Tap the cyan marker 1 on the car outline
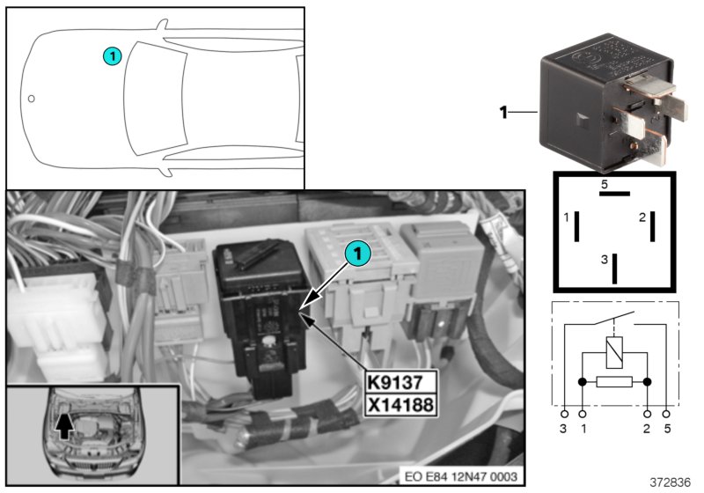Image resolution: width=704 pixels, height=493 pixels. point(111,55)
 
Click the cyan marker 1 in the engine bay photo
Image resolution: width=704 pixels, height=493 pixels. point(356,254)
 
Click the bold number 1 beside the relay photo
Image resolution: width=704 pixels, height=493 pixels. point(504,113)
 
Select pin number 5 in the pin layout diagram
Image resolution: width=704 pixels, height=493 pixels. point(605,184)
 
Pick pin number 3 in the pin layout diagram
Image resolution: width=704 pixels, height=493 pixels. point(604,260)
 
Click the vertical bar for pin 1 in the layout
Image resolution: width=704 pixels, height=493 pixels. point(576,226)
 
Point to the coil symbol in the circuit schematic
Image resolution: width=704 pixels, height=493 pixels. point(612,351)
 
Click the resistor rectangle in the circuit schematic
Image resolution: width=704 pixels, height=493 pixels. point(614,383)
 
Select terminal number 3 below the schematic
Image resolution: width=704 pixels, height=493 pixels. point(563,429)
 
